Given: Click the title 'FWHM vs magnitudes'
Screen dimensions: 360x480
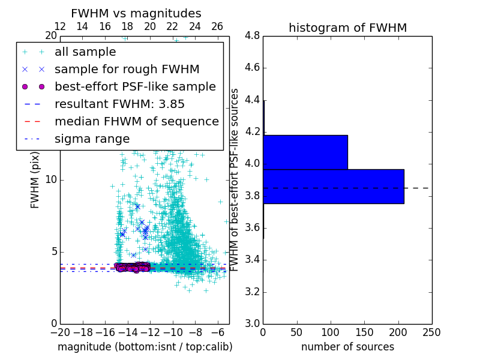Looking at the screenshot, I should (x=136, y=14).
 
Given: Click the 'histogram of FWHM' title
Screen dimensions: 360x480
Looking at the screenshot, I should (x=347, y=28).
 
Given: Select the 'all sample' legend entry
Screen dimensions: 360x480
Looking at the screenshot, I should (x=85, y=52).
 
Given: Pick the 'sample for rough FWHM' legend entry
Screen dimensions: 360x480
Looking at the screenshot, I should (x=127, y=70).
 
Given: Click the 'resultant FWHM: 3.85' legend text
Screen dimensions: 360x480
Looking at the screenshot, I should (x=119, y=104).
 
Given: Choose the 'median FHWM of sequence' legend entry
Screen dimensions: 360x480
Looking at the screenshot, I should (x=136, y=122).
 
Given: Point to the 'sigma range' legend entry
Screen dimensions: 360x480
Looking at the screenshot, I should (x=92, y=139).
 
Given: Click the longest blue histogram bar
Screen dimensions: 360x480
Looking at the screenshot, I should (x=333, y=187).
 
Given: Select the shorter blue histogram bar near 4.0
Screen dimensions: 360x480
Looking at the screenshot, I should (x=305, y=152).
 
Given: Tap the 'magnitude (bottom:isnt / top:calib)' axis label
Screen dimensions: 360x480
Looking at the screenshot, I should (x=145, y=347).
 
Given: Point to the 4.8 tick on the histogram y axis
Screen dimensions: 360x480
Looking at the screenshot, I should (x=252, y=36).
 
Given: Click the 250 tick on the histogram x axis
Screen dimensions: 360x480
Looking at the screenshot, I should (x=431, y=332).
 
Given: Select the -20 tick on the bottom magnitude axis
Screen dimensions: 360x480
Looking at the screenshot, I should (x=60, y=332).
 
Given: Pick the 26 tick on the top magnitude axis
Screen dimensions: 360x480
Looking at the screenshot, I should (x=217, y=26).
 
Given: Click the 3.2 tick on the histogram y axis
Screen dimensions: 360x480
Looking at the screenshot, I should (x=252, y=292).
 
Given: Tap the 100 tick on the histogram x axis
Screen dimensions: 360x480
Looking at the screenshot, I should (x=331, y=332).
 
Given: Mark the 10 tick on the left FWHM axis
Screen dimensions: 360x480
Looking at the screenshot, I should (x=52, y=180).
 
